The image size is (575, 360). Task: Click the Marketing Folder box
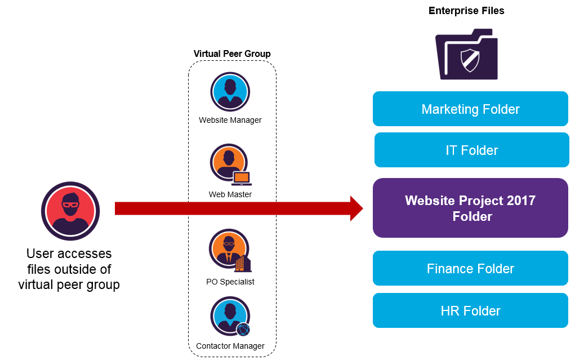[470, 109]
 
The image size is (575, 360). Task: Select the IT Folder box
[471, 150]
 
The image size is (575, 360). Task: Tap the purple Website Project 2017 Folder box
[470, 208]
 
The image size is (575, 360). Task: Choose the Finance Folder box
[470, 269]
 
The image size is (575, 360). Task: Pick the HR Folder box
[470, 310]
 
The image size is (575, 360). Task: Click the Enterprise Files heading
[466, 11]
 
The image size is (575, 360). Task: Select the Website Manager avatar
[230, 92]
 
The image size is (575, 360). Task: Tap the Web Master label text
[230, 194]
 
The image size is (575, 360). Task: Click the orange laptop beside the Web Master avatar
[242, 179]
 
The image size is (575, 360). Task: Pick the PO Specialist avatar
[228, 248]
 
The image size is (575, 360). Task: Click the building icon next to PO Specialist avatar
[242, 263]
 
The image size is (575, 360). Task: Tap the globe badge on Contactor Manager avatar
[243, 330]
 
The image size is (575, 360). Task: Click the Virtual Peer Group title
[232, 54]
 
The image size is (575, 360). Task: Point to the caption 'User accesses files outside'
[69, 261]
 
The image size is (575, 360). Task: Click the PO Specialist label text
[230, 282]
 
